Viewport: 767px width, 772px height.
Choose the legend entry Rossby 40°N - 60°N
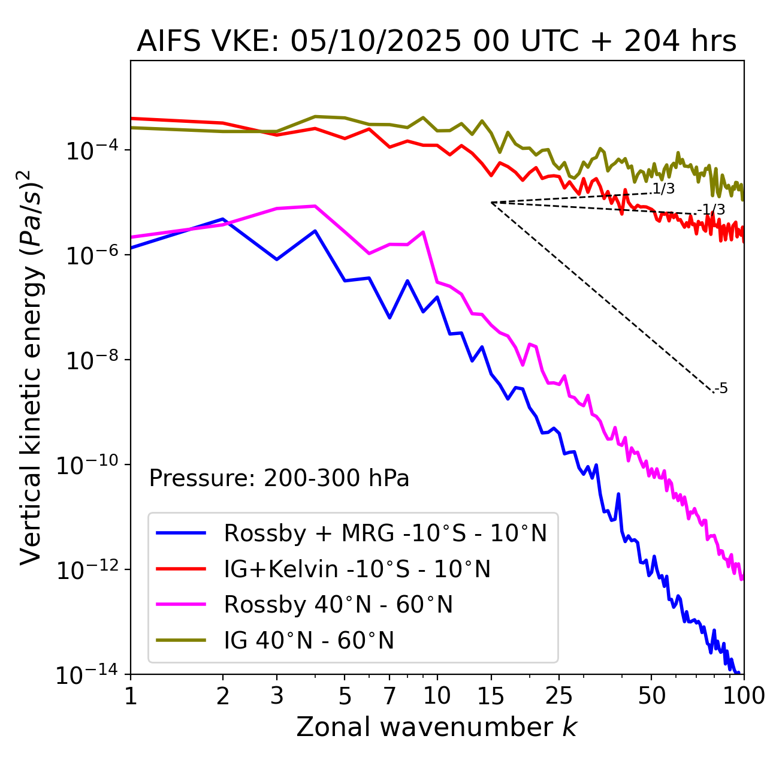click(338, 605)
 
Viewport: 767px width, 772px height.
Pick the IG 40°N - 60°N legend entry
click(309, 641)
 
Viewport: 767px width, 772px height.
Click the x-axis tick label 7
click(389, 696)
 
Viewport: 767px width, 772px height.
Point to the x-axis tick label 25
click(559, 696)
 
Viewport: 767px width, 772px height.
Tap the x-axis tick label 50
click(651, 696)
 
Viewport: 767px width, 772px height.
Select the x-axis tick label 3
click(276, 696)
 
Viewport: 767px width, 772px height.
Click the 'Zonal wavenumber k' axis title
click(436, 727)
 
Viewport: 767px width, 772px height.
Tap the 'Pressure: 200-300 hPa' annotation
click(279, 478)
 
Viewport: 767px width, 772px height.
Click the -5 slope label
click(721, 389)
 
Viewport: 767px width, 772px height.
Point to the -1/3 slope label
click(712, 210)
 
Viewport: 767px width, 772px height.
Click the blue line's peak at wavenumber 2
click(223, 219)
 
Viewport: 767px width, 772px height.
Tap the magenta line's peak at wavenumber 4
click(315, 206)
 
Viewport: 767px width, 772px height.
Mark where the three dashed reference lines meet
click(491, 203)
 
